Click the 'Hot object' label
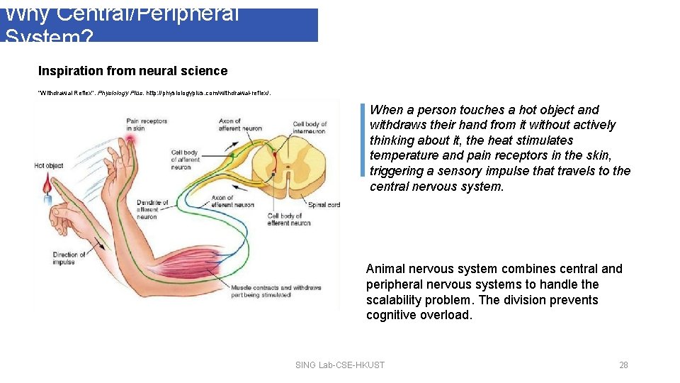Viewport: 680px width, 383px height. pyautogui.click(x=48, y=166)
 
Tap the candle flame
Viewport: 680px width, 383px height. pyautogui.click(x=48, y=185)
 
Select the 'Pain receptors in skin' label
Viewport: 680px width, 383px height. pyautogui.click(x=147, y=124)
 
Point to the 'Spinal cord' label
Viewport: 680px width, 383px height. pyautogui.click(x=324, y=204)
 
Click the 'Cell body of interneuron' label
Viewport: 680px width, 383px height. pyautogui.click(x=309, y=128)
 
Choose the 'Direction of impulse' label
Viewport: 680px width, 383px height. pyautogui.click(x=69, y=258)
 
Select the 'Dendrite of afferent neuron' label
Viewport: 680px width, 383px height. pyautogui.click(x=152, y=209)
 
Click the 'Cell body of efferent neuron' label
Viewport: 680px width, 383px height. pyautogui.click(x=289, y=219)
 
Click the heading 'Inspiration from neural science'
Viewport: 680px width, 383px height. pyautogui.click(x=132, y=71)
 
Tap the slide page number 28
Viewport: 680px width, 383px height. pyautogui.click(x=623, y=365)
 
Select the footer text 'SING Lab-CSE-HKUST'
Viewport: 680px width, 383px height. pyautogui.click(x=339, y=365)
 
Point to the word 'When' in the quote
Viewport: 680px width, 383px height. pyautogui.click(x=386, y=110)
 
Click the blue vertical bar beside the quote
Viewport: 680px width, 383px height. pyautogui.click(x=363, y=140)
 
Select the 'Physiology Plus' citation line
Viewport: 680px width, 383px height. pyautogui.click(x=154, y=93)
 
